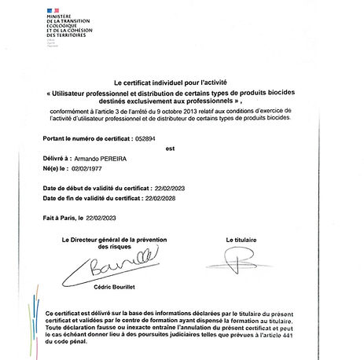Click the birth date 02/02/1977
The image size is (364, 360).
87,168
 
